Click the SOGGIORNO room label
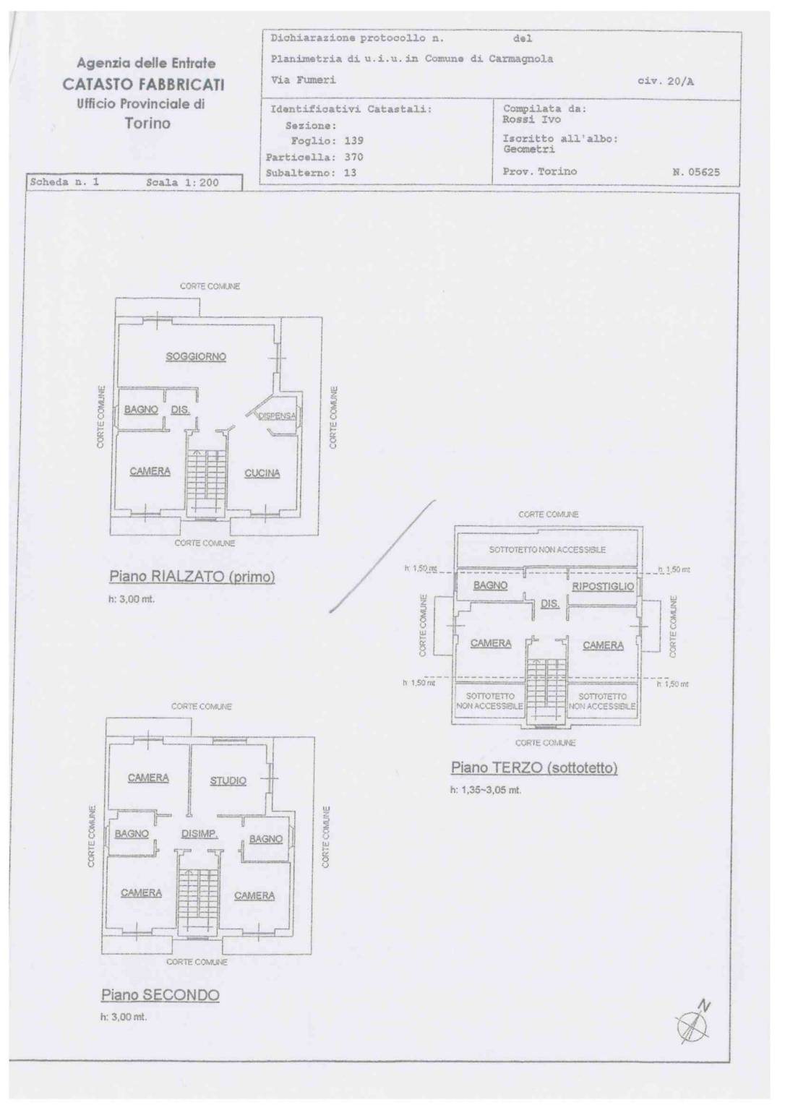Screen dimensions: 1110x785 point(196,356)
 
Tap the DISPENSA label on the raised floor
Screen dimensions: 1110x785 point(277,416)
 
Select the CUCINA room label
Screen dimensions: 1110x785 point(262,473)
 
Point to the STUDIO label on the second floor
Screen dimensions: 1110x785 point(228,780)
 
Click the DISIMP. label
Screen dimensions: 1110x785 point(200,833)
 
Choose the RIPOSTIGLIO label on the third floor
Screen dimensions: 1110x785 point(602,586)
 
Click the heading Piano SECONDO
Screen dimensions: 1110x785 point(160,995)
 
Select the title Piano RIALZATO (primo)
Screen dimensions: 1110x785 point(192,577)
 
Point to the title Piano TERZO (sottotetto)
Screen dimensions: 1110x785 point(534,767)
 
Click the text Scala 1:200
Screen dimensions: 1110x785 point(182,183)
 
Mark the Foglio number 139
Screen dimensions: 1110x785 point(353,141)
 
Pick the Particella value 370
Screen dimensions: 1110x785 point(353,157)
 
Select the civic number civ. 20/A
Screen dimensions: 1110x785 point(665,82)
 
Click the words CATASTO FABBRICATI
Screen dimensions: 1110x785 point(143,84)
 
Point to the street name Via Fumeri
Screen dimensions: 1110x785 point(303,80)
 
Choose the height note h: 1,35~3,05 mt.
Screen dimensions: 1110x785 point(485,790)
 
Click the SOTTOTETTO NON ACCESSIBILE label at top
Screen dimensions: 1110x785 point(547,550)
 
